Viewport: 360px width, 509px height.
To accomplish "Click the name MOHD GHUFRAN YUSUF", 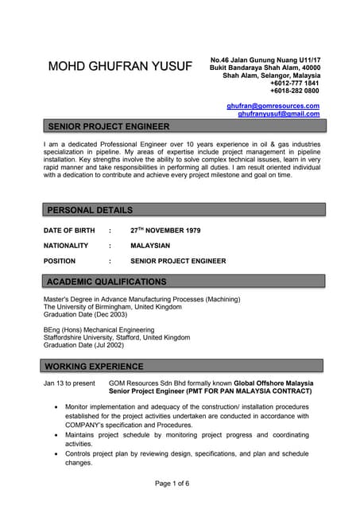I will [120, 66].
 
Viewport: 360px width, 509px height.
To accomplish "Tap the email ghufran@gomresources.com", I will [273, 106].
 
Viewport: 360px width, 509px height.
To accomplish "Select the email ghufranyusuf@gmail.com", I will [278, 114].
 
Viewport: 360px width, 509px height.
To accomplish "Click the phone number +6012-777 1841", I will [295, 84].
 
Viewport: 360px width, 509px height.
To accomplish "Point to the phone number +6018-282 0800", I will [295, 91].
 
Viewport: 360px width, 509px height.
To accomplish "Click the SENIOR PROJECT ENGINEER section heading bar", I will [183, 126].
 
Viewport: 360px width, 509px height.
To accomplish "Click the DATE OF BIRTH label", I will [69, 231].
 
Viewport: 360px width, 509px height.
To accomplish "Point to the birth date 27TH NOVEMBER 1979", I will [165, 231].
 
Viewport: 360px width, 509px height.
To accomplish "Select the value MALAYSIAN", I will [150, 246].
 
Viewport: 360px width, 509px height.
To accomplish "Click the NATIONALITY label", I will [66, 246].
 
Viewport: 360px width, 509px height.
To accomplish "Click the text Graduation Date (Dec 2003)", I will [85, 315].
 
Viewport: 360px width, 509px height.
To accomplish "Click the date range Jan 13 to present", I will [69, 383].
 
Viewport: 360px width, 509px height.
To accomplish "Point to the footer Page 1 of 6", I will [172, 484].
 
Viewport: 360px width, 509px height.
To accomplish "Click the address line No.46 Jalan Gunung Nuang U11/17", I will [265, 60].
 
